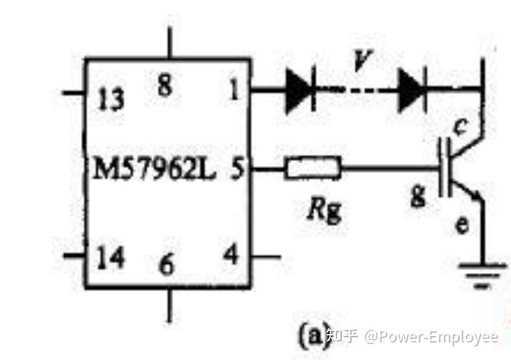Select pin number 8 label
[x=165, y=85]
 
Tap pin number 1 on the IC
[x=232, y=90]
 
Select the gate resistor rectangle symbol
[x=312, y=170]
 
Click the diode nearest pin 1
[x=299, y=90]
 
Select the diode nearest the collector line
[x=411, y=90]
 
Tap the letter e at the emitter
[x=460, y=225]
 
